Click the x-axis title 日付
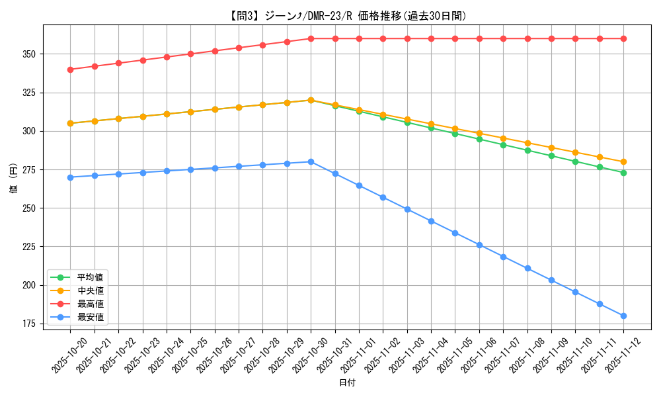347,383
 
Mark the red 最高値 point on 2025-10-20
71,69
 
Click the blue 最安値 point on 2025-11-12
623,316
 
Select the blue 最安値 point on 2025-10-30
311,161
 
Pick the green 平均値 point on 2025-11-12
623,173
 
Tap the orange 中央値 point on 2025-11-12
623,161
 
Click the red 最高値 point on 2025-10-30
311,38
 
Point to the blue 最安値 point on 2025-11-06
479,245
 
